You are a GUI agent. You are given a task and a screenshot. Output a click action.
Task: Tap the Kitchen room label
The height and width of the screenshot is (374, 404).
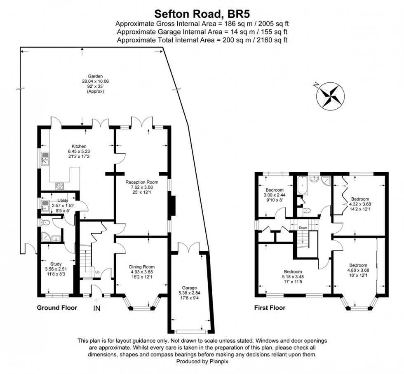(79, 146)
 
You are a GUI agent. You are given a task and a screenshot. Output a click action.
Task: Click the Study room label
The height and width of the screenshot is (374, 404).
(56, 264)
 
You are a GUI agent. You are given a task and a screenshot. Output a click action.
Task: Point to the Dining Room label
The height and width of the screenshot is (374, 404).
(141, 267)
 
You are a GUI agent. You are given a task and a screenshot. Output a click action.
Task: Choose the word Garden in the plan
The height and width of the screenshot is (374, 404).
(95, 76)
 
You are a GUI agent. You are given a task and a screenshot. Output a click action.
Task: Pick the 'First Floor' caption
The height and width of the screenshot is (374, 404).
(270, 308)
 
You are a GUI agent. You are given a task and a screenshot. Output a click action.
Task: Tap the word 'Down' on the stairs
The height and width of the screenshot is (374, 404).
(303, 227)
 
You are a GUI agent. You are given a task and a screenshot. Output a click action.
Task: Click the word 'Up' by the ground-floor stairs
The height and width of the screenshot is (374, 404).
(97, 273)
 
